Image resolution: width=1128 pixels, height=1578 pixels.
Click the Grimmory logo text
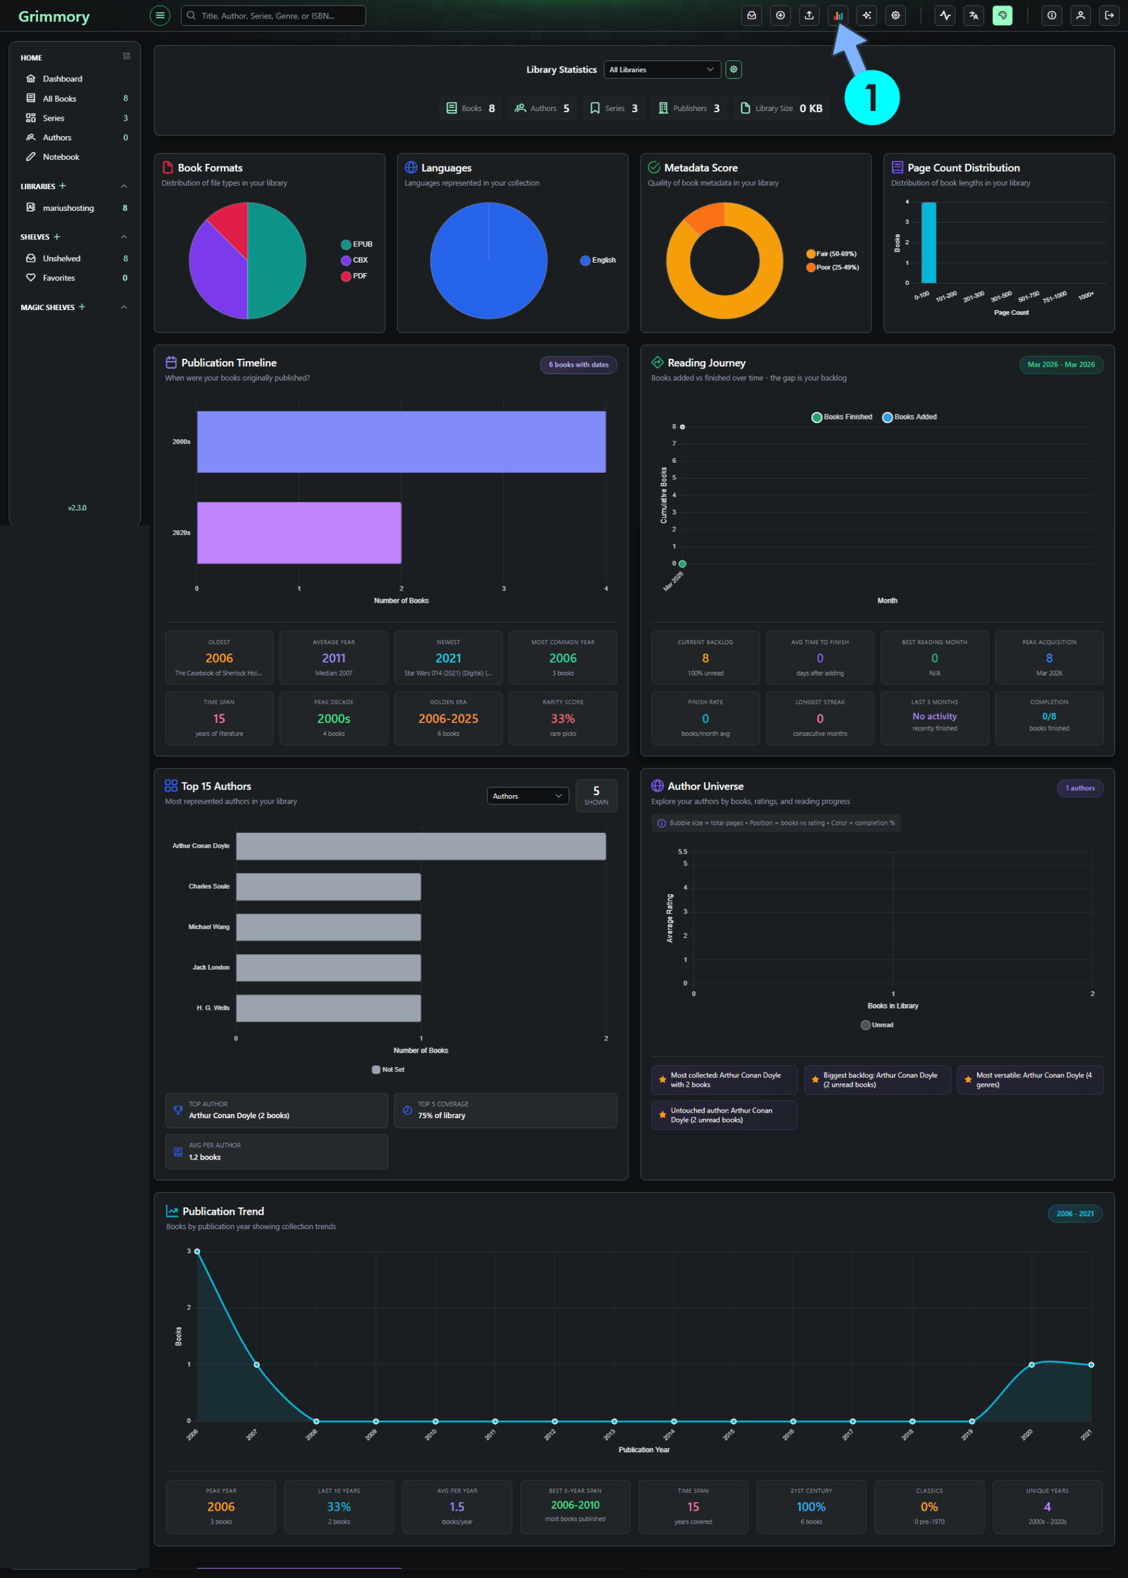54,16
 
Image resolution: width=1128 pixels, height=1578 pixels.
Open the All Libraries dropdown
661,70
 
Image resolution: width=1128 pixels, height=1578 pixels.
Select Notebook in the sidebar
60,157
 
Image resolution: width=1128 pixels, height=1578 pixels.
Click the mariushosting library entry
67,208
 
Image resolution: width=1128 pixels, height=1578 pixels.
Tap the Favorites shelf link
59,278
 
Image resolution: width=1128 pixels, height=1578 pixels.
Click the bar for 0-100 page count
928,242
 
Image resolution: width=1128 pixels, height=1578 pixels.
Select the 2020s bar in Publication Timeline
298,533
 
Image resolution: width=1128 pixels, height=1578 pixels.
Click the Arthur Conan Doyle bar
420,846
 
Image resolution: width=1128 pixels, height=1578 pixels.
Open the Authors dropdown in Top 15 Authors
527,796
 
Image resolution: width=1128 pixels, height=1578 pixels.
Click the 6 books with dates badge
578,364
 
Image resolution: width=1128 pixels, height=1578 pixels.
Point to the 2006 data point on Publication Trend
197,1251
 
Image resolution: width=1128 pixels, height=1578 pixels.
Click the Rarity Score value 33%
562,719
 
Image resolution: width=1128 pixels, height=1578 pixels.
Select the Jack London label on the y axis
210,967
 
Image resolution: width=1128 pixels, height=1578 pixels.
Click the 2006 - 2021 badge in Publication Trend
1074,1214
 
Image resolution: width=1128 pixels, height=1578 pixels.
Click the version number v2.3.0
77,507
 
